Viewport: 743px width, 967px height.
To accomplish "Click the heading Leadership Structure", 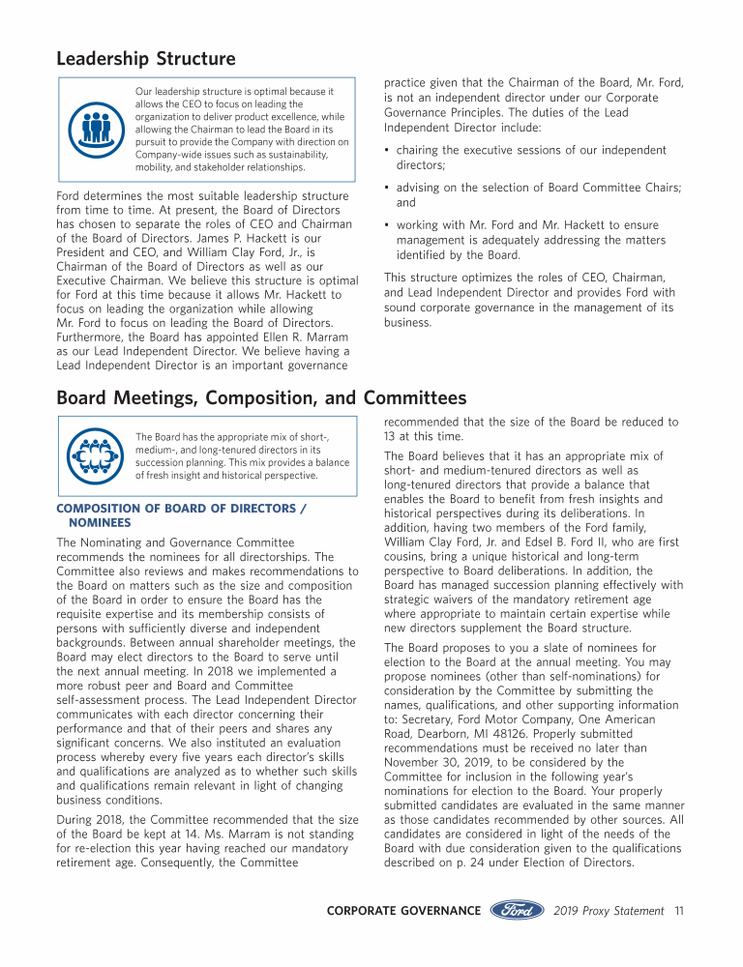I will click(x=146, y=59).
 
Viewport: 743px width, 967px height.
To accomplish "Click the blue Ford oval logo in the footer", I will click(x=519, y=910).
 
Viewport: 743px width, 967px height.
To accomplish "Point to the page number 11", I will click(x=679, y=911).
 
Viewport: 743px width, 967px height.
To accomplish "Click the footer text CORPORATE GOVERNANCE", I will click(x=403, y=911).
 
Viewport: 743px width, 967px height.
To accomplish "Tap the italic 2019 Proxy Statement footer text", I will click(x=609, y=911).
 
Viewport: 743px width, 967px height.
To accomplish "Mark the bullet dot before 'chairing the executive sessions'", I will click(x=387, y=151).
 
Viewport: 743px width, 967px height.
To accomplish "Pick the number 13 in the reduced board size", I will click(x=391, y=436).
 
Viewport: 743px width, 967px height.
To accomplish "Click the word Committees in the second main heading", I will click(x=415, y=397).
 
